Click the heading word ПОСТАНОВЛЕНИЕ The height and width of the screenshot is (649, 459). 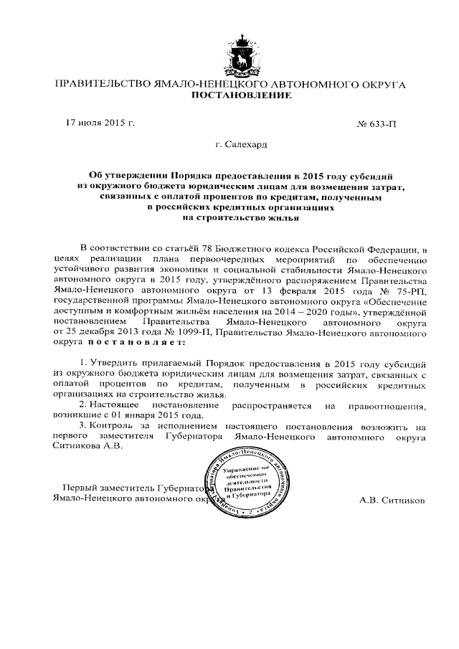click(230, 95)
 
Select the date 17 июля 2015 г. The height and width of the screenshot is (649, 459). click(100, 123)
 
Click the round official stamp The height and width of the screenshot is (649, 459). click(248, 477)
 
